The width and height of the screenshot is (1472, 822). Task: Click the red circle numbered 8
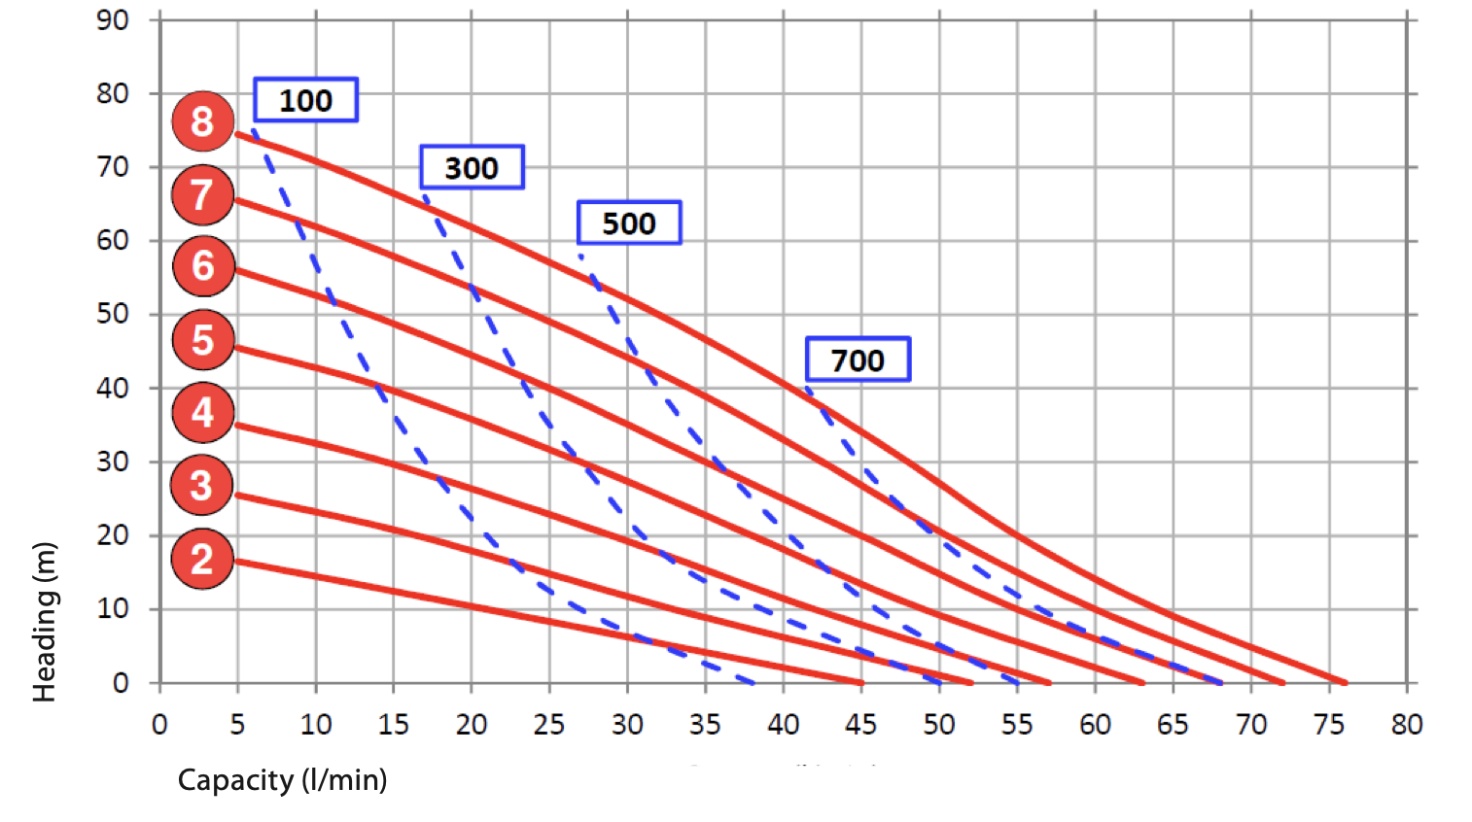pyautogui.click(x=202, y=121)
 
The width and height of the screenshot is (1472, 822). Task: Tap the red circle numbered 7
pyautogui.click(x=202, y=194)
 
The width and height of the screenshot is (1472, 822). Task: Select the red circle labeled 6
pyautogui.click(x=203, y=265)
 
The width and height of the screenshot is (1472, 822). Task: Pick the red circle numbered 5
pyautogui.click(x=202, y=340)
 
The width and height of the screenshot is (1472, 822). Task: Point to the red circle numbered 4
pyautogui.click(x=202, y=412)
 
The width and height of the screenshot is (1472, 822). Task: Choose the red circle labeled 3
pyautogui.click(x=201, y=485)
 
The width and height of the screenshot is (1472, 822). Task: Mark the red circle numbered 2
pyautogui.click(x=201, y=559)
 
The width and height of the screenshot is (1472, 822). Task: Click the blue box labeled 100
pyautogui.click(x=305, y=100)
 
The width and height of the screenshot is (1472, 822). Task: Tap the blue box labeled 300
pyautogui.click(x=472, y=167)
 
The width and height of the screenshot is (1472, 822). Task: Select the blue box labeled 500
pyautogui.click(x=628, y=223)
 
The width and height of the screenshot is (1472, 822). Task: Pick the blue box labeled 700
pyautogui.click(x=858, y=360)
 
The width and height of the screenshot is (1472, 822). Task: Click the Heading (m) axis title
pyautogui.click(x=45, y=622)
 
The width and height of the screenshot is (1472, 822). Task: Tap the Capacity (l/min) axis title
pyautogui.click(x=282, y=779)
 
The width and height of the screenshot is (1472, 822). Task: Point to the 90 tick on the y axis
pyautogui.click(x=113, y=19)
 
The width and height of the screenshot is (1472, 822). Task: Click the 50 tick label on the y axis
pyautogui.click(x=113, y=314)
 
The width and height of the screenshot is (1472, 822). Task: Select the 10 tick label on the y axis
pyautogui.click(x=113, y=608)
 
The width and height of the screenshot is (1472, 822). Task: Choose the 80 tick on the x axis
pyautogui.click(x=1406, y=724)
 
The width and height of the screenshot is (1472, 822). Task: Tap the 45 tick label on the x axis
pyautogui.click(x=860, y=724)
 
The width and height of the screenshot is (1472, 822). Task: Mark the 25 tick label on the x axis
pyautogui.click(x=549, y=724)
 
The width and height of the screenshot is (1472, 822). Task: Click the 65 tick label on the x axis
pyautogui.click(x=1173, y=724)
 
